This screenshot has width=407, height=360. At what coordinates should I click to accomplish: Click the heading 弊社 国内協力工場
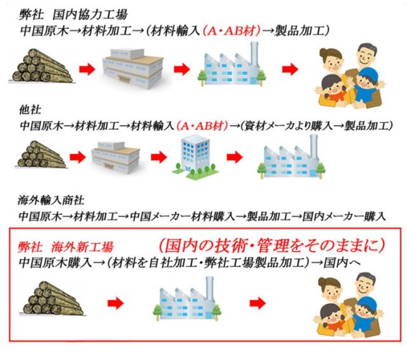74,15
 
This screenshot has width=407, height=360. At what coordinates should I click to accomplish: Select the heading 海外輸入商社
51,200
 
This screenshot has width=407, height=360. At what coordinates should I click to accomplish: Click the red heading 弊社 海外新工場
66,247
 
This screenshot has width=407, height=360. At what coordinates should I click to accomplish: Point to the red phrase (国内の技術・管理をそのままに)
272,246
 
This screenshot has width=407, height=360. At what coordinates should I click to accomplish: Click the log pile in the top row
41,66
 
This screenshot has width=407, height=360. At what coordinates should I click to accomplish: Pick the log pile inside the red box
53,299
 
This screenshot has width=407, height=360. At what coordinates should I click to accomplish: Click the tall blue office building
196,156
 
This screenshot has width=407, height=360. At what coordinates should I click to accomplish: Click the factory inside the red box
187,298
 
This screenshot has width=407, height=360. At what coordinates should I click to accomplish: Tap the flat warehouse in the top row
133,69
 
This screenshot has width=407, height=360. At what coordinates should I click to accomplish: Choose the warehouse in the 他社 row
116,158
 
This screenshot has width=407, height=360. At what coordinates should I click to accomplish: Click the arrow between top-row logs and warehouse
87,69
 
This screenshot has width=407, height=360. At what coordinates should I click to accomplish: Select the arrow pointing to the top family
290,69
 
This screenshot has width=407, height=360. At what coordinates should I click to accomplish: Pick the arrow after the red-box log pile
116,303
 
